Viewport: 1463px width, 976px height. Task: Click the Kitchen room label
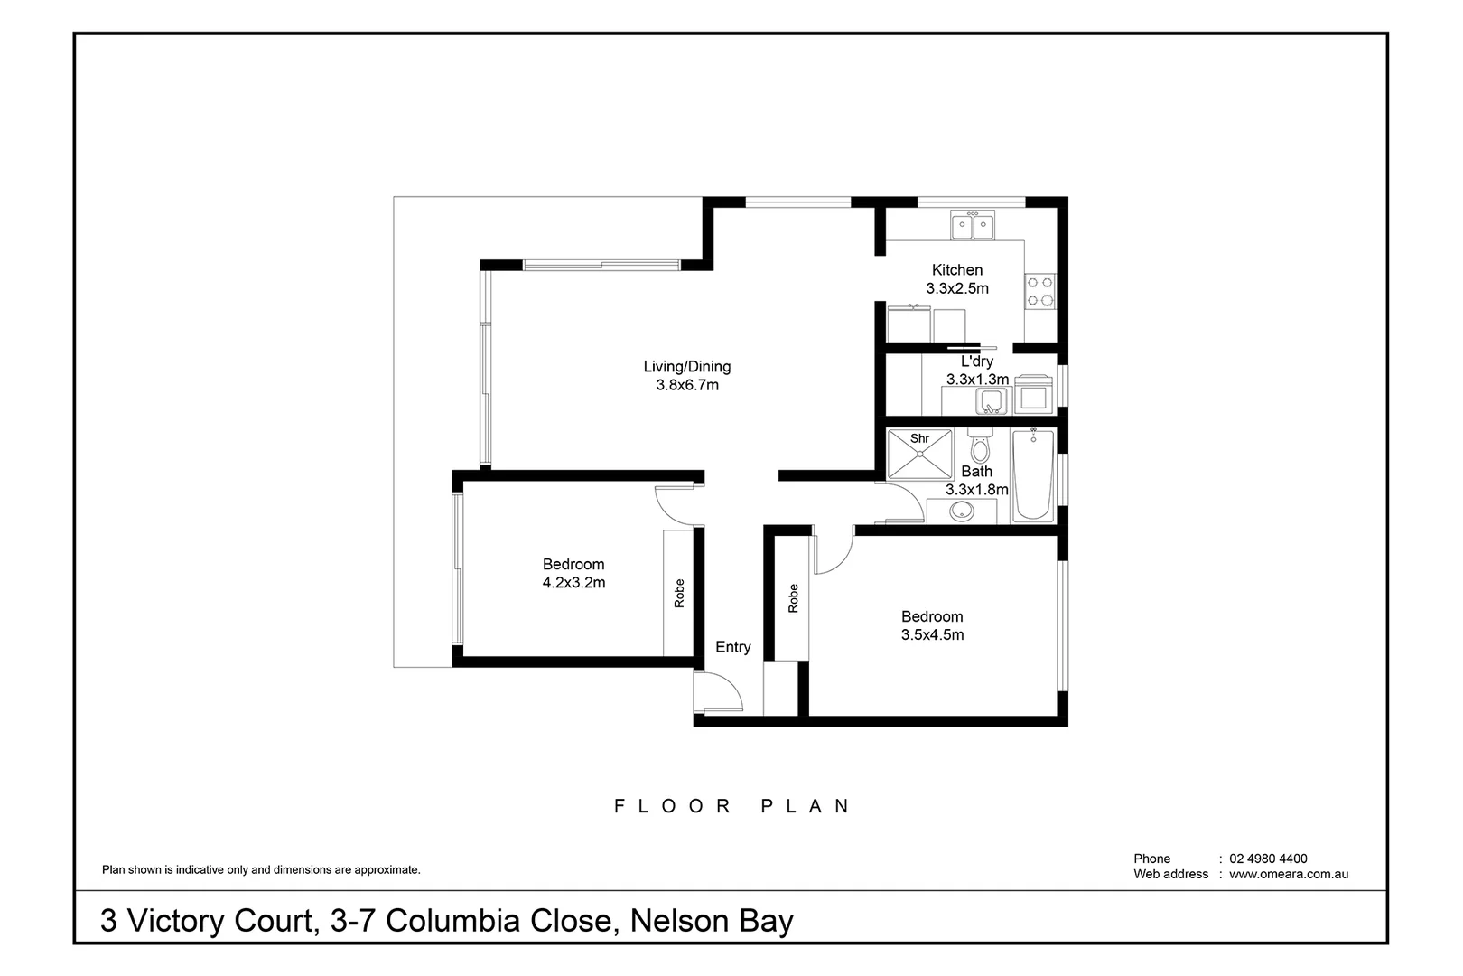956,269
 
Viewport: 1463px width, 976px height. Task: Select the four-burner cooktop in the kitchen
1040,291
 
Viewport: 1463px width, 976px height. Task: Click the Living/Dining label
686,366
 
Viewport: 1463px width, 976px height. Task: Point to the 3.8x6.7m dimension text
686,385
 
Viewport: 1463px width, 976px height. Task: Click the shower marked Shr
919,454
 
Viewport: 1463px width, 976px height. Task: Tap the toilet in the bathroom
980,446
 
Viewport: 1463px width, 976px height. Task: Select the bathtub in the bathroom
1033,475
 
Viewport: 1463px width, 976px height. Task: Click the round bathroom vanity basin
962,512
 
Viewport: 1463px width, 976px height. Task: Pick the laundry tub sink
992,400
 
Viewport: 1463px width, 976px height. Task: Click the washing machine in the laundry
1033,397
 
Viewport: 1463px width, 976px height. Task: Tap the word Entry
732,647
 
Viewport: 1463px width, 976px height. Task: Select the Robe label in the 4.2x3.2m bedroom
679,593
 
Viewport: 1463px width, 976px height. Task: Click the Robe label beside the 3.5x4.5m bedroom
793,598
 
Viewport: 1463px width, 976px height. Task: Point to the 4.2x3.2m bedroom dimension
573,583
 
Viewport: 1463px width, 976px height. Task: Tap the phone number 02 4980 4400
1267,859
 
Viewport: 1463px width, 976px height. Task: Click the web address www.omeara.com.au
1288,874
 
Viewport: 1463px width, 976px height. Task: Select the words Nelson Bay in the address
712,921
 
